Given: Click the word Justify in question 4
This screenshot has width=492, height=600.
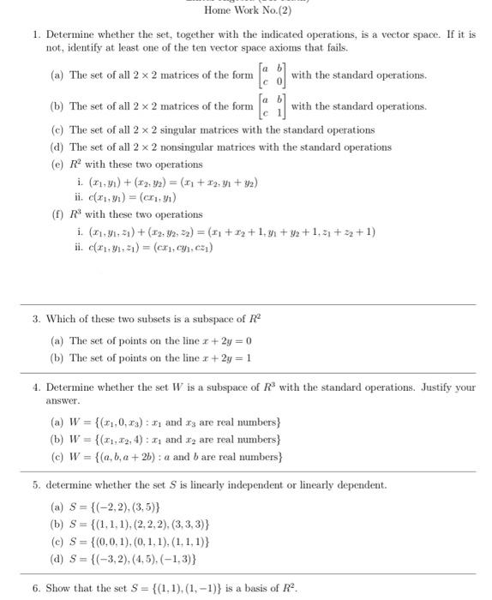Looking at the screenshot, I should point(437,387).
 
